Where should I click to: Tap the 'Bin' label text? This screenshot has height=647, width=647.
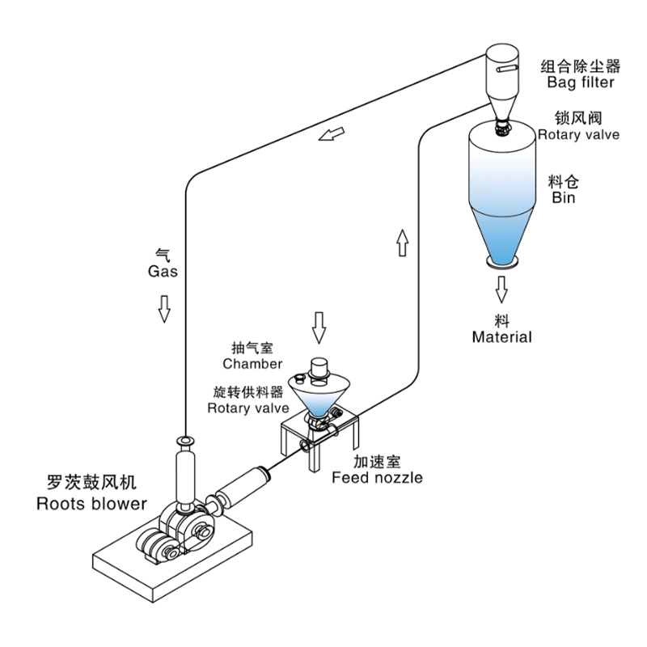click(x=563, y=197)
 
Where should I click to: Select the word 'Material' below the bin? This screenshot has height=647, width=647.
click(x=502, y=337)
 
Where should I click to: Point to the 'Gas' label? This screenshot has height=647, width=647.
click(x=163, y=272)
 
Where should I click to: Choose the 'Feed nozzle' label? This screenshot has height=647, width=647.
click(x=377, y=477)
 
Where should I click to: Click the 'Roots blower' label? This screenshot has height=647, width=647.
click(x=91, y=504)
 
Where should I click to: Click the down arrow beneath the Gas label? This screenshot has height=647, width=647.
click(x=164, y=307)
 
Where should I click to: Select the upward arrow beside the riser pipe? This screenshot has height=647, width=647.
click(x=402, y=242)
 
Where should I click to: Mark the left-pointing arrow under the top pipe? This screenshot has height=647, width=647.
click(x=330, y=133)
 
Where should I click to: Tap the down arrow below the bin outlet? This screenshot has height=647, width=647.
click(x=502, y=287)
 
